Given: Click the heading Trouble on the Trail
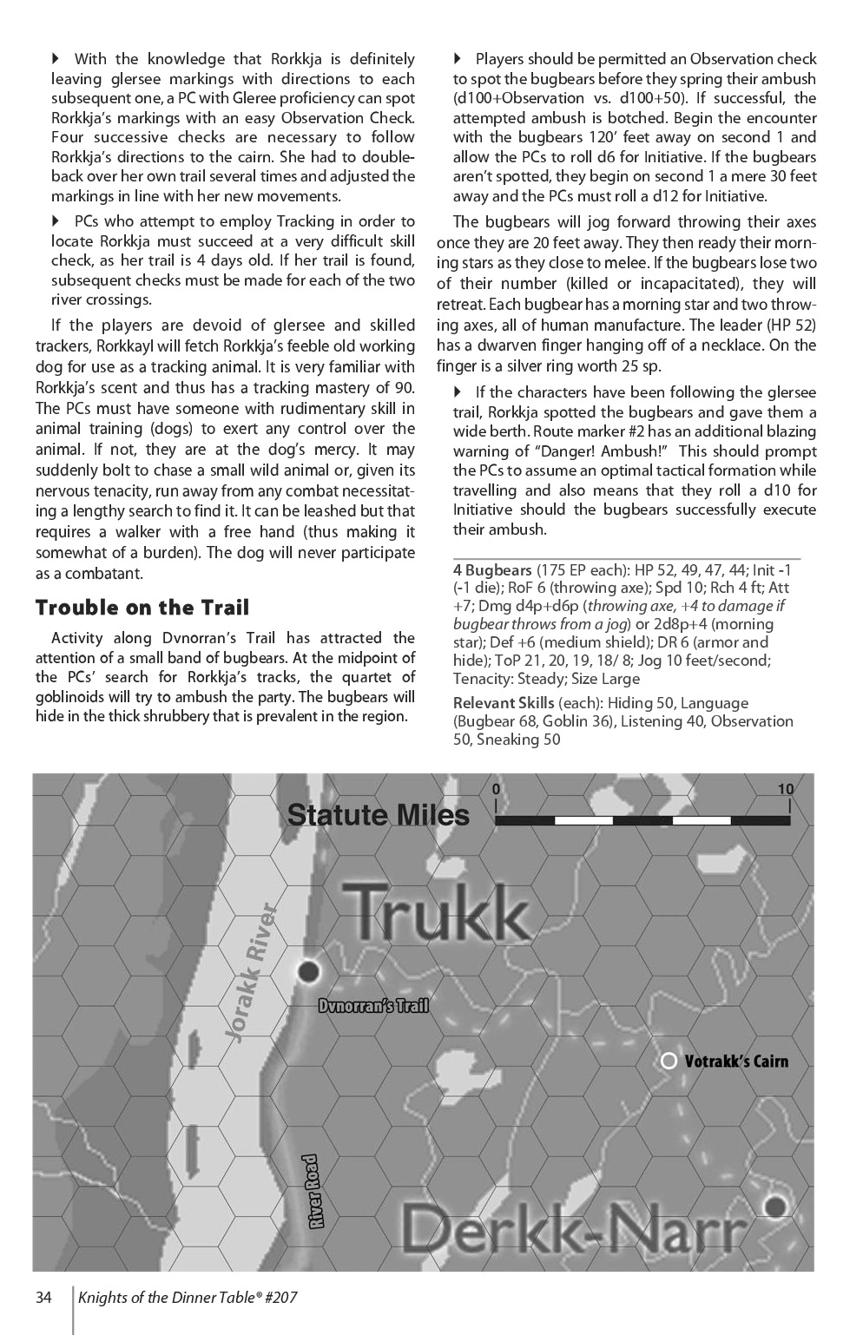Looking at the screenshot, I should pyautogui.click(x=142, y=608).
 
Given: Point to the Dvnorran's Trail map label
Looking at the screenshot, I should pyautogui.click(x=373, y=1006).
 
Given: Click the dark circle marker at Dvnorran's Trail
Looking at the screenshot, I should pyautogui.click(x=308, y=970).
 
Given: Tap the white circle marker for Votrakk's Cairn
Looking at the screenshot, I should pyautogui.click(x=669, y=1061).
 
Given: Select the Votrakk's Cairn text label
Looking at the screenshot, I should pyautogui.click(x=736, y=1061).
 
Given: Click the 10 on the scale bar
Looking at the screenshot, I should pyautogui.click(x=785, y=789).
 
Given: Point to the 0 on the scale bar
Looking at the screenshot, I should pyautogui.click(x=496, y=789).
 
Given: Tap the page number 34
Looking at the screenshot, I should pyautogui.click(x=44, y=1298).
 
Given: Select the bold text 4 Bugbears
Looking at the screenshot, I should pyautogui.click(x=492, y=570).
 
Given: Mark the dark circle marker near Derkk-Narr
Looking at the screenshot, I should pyautogui.click(x=774, y=1206).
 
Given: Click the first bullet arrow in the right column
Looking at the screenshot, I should pyautogui.click(x=458, y=59).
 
